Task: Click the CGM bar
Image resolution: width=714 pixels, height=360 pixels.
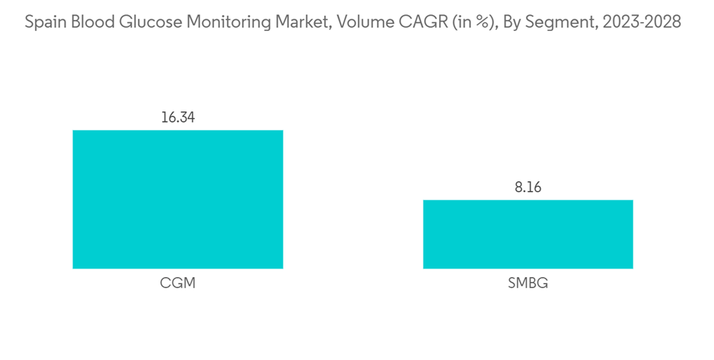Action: [x=178, y=199]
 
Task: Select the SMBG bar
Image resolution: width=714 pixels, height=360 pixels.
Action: [x=528, y=234]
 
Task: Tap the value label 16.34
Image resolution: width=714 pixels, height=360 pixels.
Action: [x=178, y=118]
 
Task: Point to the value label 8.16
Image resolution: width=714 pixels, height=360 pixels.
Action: [x=528, y=188]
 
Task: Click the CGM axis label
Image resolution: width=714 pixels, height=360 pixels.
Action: [x=178, y=283]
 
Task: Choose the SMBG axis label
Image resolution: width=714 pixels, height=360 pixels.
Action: [x=528, y=283]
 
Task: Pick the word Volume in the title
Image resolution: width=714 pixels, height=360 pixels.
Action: [x=356, y=22]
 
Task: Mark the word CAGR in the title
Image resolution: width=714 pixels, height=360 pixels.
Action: [x=408, y=22]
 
